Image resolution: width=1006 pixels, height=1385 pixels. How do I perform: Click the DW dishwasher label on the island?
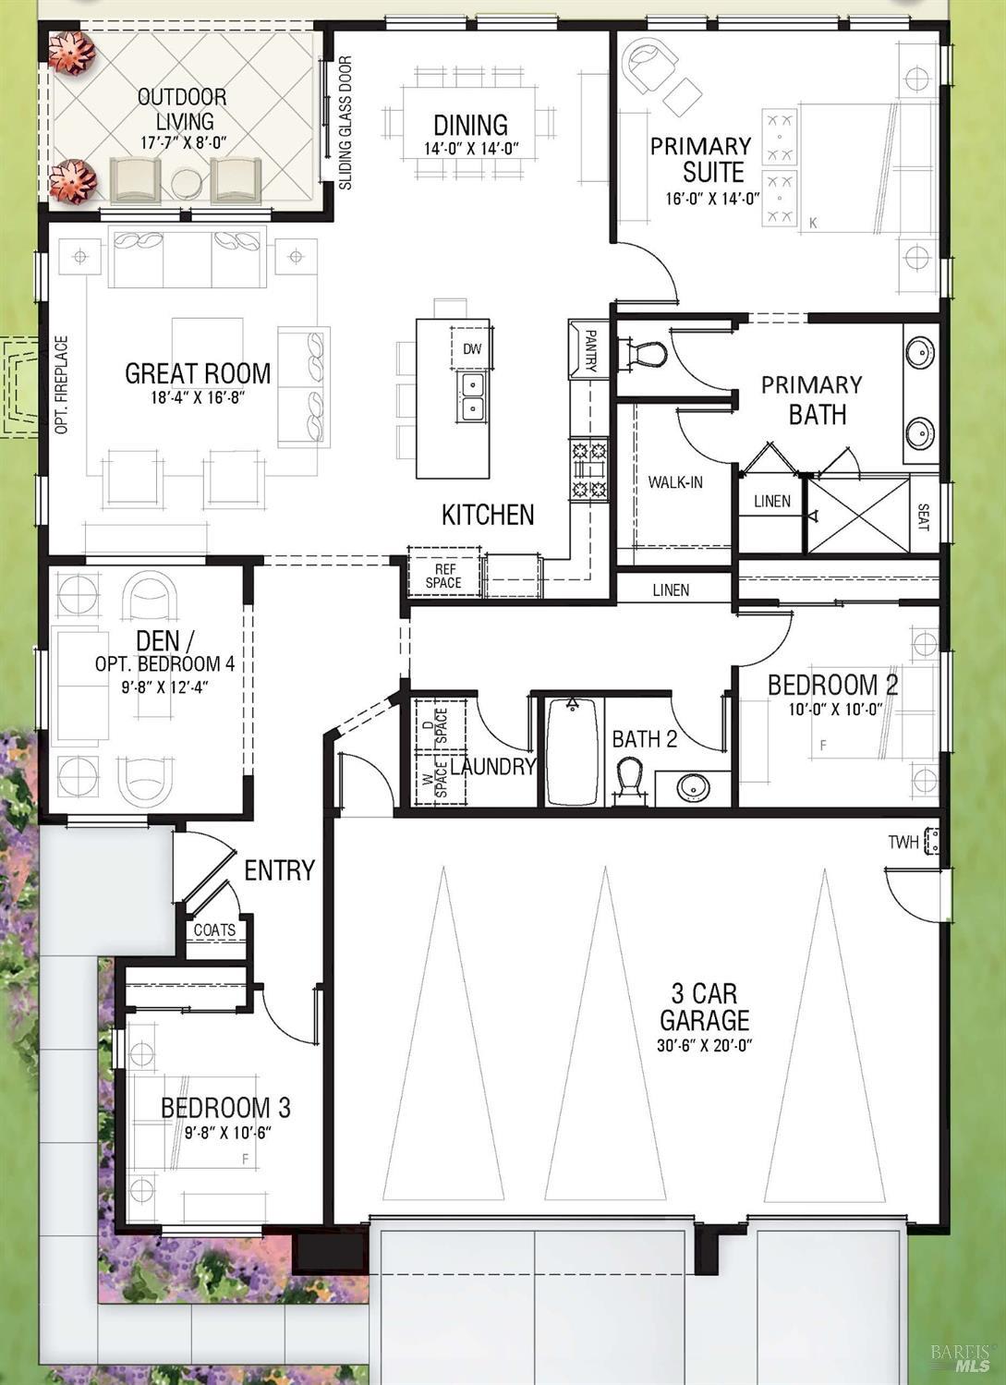pos(472,349)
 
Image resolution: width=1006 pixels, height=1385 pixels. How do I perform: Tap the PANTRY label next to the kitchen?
pos(590,350)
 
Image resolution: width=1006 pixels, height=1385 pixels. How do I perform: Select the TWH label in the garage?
pos(903,842)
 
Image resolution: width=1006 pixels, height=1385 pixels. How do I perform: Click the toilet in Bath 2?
pos(629,781)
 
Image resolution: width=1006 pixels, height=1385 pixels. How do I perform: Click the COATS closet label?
pos(214,929)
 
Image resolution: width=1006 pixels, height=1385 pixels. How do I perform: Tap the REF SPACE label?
pos(443,576)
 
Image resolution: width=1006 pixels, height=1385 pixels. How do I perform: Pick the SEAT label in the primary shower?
pos(923,516)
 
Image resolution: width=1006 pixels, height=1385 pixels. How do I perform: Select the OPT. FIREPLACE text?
pos(61,384)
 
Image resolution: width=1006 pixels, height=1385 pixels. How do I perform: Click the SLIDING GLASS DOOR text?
pos(345,123)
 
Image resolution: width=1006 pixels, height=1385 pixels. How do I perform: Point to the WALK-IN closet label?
pos(675,481)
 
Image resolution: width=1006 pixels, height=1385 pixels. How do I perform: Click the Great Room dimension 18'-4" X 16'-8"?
pos(199,397)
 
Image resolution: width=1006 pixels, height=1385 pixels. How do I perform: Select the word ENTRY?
pos(280,870)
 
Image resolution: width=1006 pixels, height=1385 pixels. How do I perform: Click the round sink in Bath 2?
pos(693,787)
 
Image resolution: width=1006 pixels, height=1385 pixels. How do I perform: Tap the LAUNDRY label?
pos(492,767)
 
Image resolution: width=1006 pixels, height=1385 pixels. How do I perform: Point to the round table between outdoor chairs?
pos(186,182)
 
